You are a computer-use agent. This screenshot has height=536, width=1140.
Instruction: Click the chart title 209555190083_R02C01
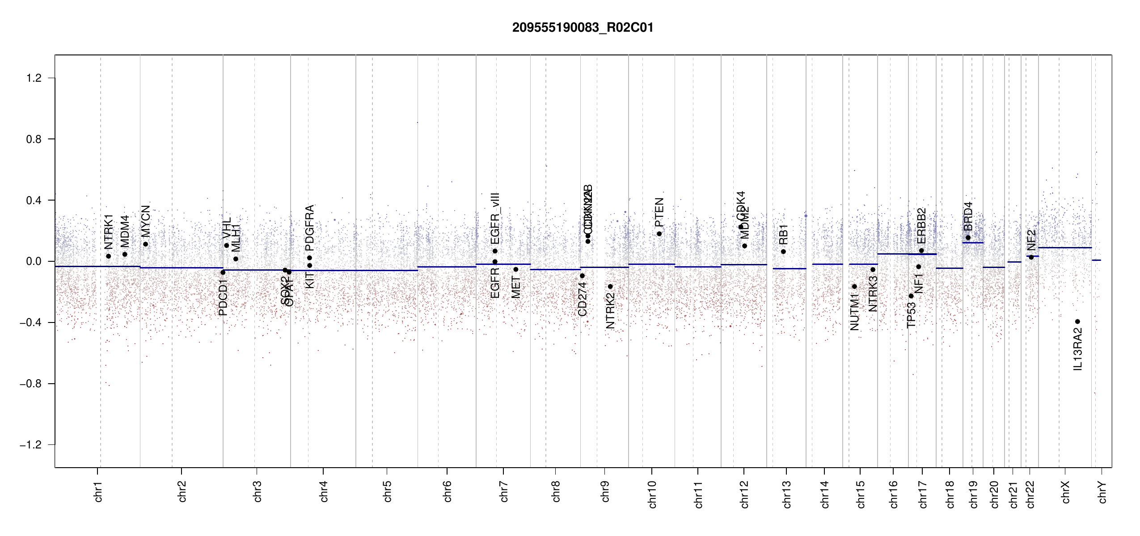tap(583, 28)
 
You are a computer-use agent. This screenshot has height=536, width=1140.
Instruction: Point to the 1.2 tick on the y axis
tap(34, 78)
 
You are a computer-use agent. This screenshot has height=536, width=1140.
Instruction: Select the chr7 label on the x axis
tap(504, 491)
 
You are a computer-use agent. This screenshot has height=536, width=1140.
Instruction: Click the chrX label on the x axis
tap(1065, 492)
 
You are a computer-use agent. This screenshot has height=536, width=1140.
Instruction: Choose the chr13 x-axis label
tap(786, 494)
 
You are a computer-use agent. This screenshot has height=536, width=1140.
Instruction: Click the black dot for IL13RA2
tap(1077, 322)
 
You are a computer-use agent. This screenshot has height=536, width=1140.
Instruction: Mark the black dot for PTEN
tap(659, 234)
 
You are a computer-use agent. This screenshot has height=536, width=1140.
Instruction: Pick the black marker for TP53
tap(911, 296)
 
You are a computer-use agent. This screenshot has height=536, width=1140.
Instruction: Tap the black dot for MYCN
tap(145, 244)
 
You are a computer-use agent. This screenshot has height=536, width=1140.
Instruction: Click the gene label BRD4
tap(968, 217)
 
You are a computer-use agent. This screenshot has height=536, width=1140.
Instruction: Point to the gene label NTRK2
tap(610, 310)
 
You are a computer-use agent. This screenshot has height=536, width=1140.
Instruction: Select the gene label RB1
tap(783, 234)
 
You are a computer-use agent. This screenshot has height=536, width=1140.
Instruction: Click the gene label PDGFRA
tap(309, 228)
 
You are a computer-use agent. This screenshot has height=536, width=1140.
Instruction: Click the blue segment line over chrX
tap(1064, 247)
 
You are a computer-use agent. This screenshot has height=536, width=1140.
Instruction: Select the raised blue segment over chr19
tap(973, 243)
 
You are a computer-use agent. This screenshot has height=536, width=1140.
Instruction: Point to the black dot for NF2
tap(1031, 257)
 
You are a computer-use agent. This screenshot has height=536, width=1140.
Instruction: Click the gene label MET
tap(515, 288)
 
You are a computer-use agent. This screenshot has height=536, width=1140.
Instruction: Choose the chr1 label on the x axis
tap(98, 491)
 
